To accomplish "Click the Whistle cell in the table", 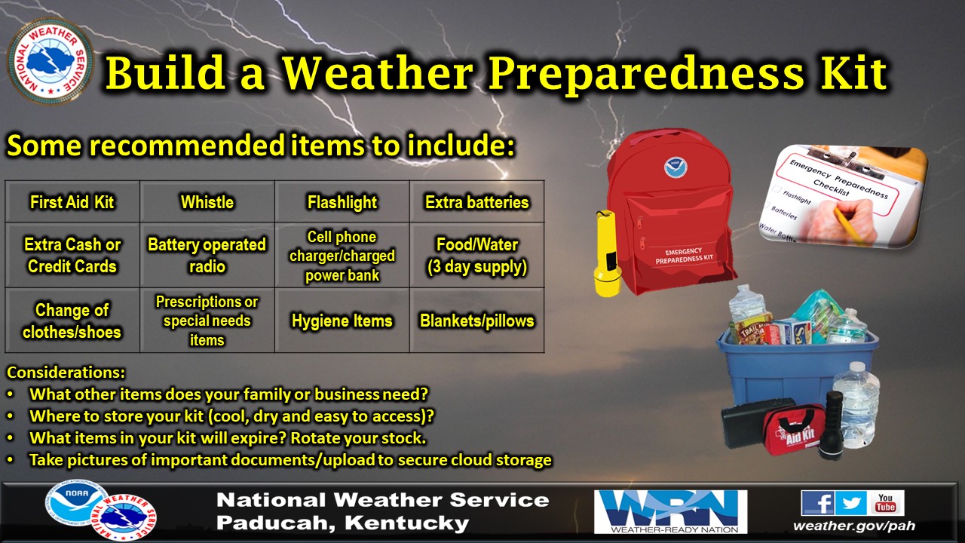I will [207, 202].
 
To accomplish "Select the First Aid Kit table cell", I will [72, 202].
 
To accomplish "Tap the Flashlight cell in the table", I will [342, 202].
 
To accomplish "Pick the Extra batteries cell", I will [477, 202].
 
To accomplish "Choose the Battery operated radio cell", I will [207, 256].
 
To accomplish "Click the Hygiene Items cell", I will [342, 321].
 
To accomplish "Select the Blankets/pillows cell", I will [477, 321].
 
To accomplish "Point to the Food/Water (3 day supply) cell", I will [477, 256].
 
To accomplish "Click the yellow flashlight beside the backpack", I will [607, 253].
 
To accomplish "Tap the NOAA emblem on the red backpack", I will [674, 167].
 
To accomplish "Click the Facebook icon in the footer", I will [817, 502].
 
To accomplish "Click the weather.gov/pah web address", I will [853, 526].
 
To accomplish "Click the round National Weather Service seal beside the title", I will [51, 61].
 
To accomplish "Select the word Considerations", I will [66, 373].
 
